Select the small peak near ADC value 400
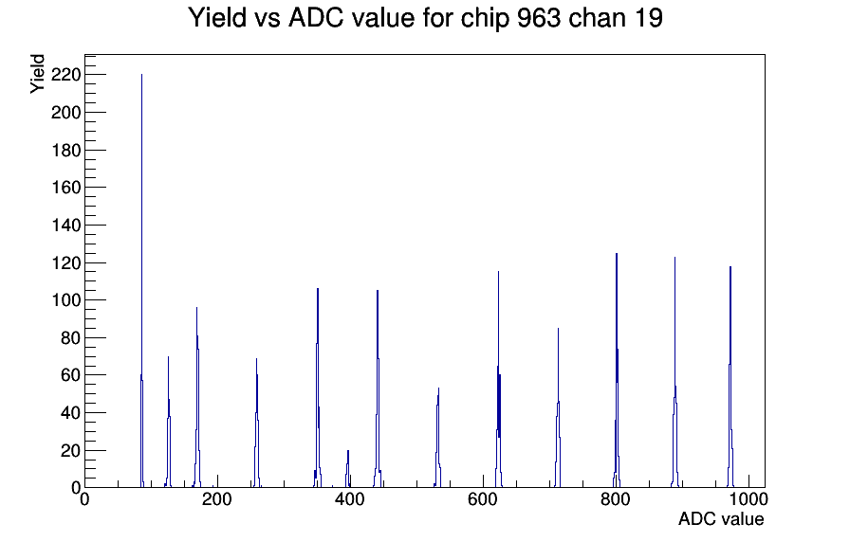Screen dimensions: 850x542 347,469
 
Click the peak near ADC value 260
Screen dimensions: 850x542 256,423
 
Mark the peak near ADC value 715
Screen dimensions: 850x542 558,407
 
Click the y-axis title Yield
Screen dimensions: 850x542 37,74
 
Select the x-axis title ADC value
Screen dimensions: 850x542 721,518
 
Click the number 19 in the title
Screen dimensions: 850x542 648,18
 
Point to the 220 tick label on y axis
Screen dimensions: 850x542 65,75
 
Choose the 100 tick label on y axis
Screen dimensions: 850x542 65,300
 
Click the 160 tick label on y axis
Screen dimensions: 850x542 65,188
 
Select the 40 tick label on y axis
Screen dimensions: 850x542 70,412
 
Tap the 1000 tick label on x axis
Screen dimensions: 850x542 748,498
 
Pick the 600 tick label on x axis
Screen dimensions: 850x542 483,498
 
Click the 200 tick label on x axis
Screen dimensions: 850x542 217,498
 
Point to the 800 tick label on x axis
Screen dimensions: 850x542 616,498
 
